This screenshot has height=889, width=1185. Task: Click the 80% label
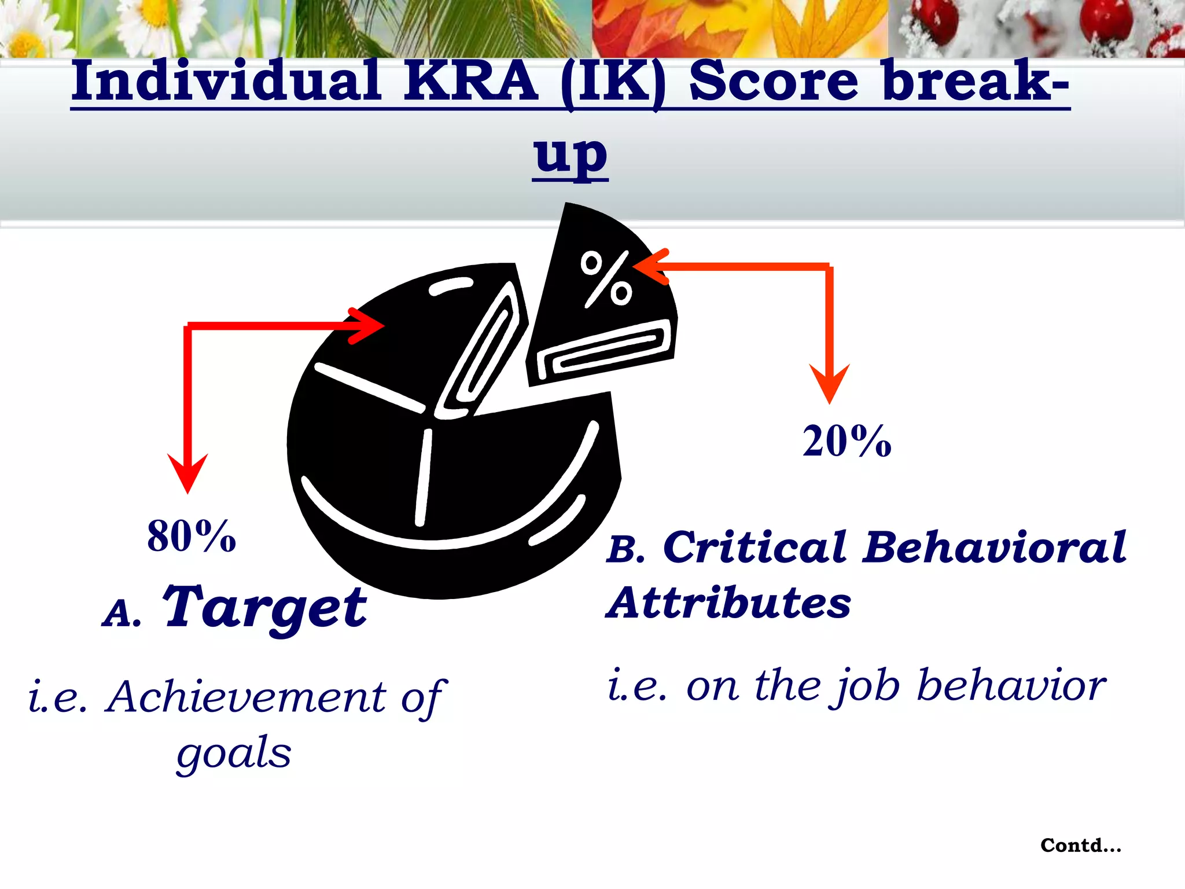click(x=192, y=536)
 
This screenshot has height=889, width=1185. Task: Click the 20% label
click(x=847, y=442)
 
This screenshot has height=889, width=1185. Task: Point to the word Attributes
click(x=729, y=603)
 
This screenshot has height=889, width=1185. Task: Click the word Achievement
click(x=246, y=697)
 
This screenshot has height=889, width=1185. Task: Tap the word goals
click(x=234, y=754)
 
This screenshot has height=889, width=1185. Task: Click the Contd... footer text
click(x=1081, y=846)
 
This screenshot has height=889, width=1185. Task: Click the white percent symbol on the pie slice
click(x=606, y=278)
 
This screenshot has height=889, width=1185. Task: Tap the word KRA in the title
click(x=471, y=82)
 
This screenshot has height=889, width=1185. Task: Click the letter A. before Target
click(x=122, y=614)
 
